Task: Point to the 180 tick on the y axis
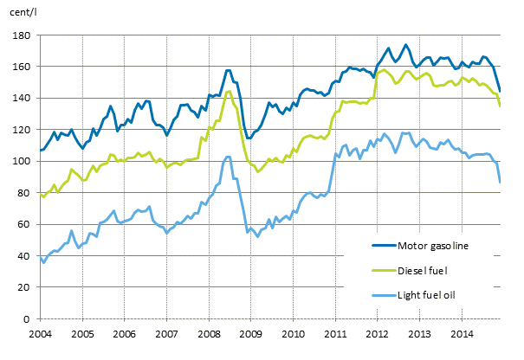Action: click(23, 35)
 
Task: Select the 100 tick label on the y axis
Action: click(23, 162)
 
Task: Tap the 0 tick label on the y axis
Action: click(28, 319)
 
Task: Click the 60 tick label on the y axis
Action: click(25, 225)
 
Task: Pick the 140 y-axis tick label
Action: click(23, 99)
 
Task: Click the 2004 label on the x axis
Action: click(40, 333)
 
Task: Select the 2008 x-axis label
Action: click(208, 333)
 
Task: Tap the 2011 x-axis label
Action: click(334, 333)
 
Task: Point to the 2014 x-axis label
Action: click(461, 333)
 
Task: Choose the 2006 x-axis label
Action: click(124, 333)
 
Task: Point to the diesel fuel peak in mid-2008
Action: click(228, 91)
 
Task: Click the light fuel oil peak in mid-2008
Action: click(228, 157)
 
